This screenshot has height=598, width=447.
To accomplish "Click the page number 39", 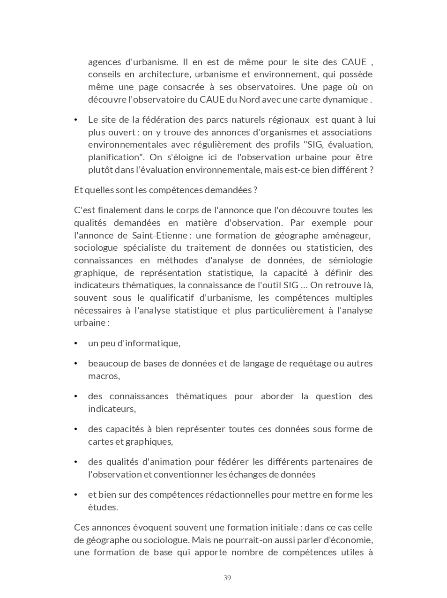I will [227, 578].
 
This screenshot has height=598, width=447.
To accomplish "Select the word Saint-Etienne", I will [159, 235].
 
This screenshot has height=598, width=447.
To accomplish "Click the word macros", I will [103, 376].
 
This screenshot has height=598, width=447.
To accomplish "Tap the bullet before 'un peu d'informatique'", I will [76, 344].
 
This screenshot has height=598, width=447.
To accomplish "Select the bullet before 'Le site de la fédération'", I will [76, 120].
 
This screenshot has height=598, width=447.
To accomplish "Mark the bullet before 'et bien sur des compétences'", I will [76, 495].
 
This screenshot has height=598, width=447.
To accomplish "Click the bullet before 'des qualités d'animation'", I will [76, 462].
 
